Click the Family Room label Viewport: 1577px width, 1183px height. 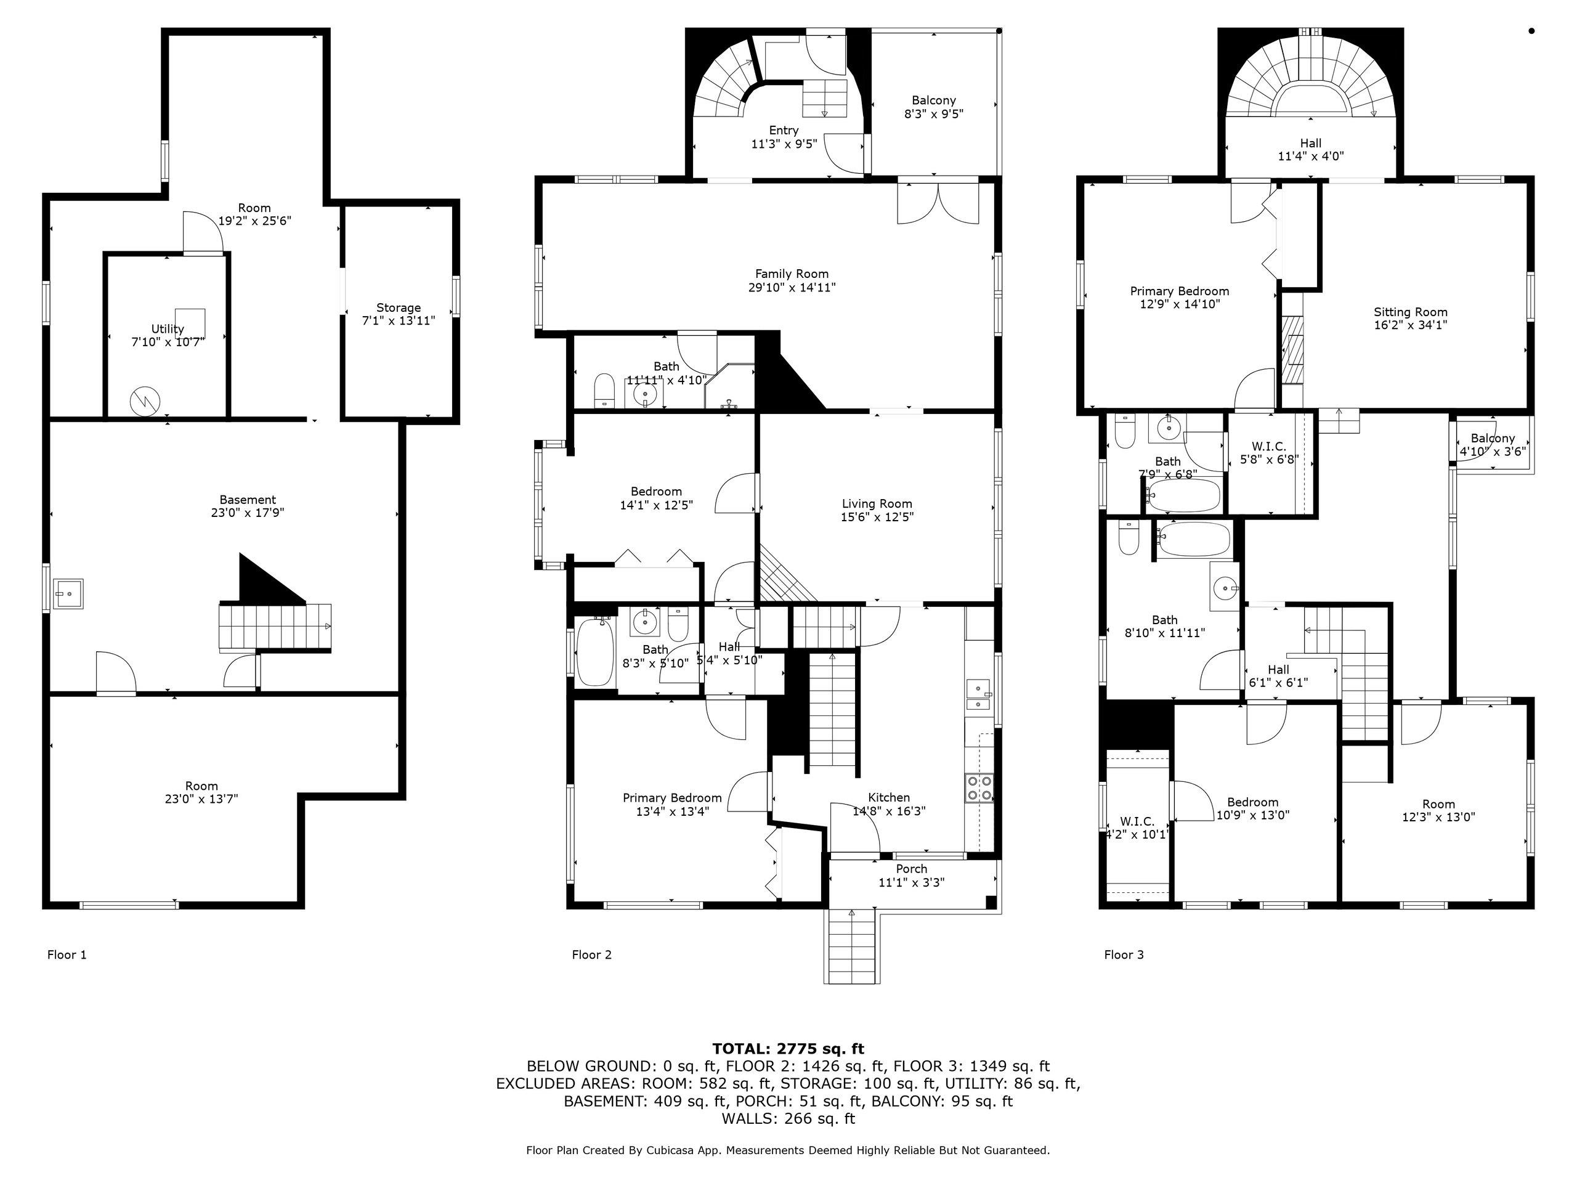click(x=792, y=274)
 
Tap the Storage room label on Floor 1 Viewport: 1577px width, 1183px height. click(x=399, y=308)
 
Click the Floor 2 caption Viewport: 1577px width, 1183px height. click(x=592, y=955)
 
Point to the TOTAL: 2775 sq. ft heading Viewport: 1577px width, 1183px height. click(x=788, y=1049)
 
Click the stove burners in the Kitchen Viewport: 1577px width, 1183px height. click(x=979, y=788)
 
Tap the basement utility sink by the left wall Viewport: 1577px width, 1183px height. click(x=70, y=593)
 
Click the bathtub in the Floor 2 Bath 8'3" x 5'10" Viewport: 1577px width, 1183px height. click(x=595, y=652)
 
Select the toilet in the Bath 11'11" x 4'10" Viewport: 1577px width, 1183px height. click(x=604, y=390)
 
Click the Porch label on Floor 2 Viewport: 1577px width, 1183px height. click(x=912, y=869)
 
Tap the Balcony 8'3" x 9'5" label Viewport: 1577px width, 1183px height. click(x=934, y=100)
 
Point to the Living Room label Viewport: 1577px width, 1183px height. click(x=877, y=503)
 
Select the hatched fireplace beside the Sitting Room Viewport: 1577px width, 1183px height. click(x=1292, y=351)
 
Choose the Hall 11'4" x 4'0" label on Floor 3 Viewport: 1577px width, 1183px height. click(x=1311, y=144)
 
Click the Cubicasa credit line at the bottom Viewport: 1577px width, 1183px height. click(x=788, y=1150)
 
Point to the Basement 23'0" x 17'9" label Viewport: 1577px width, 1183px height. click(x=248, y=500)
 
